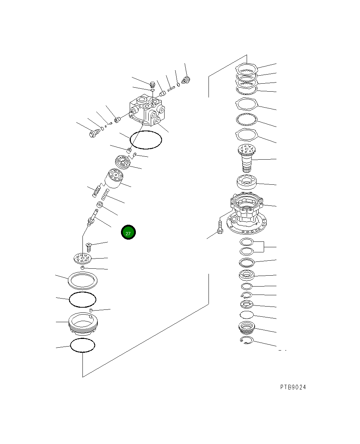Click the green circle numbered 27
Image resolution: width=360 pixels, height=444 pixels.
click(128, 232)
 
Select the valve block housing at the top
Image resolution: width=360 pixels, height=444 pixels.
click(147, 110)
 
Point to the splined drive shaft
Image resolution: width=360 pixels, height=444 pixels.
click(247, 158)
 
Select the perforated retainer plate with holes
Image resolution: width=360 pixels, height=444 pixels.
click(83, 259)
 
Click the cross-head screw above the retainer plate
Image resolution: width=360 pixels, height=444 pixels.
click(89, 247)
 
